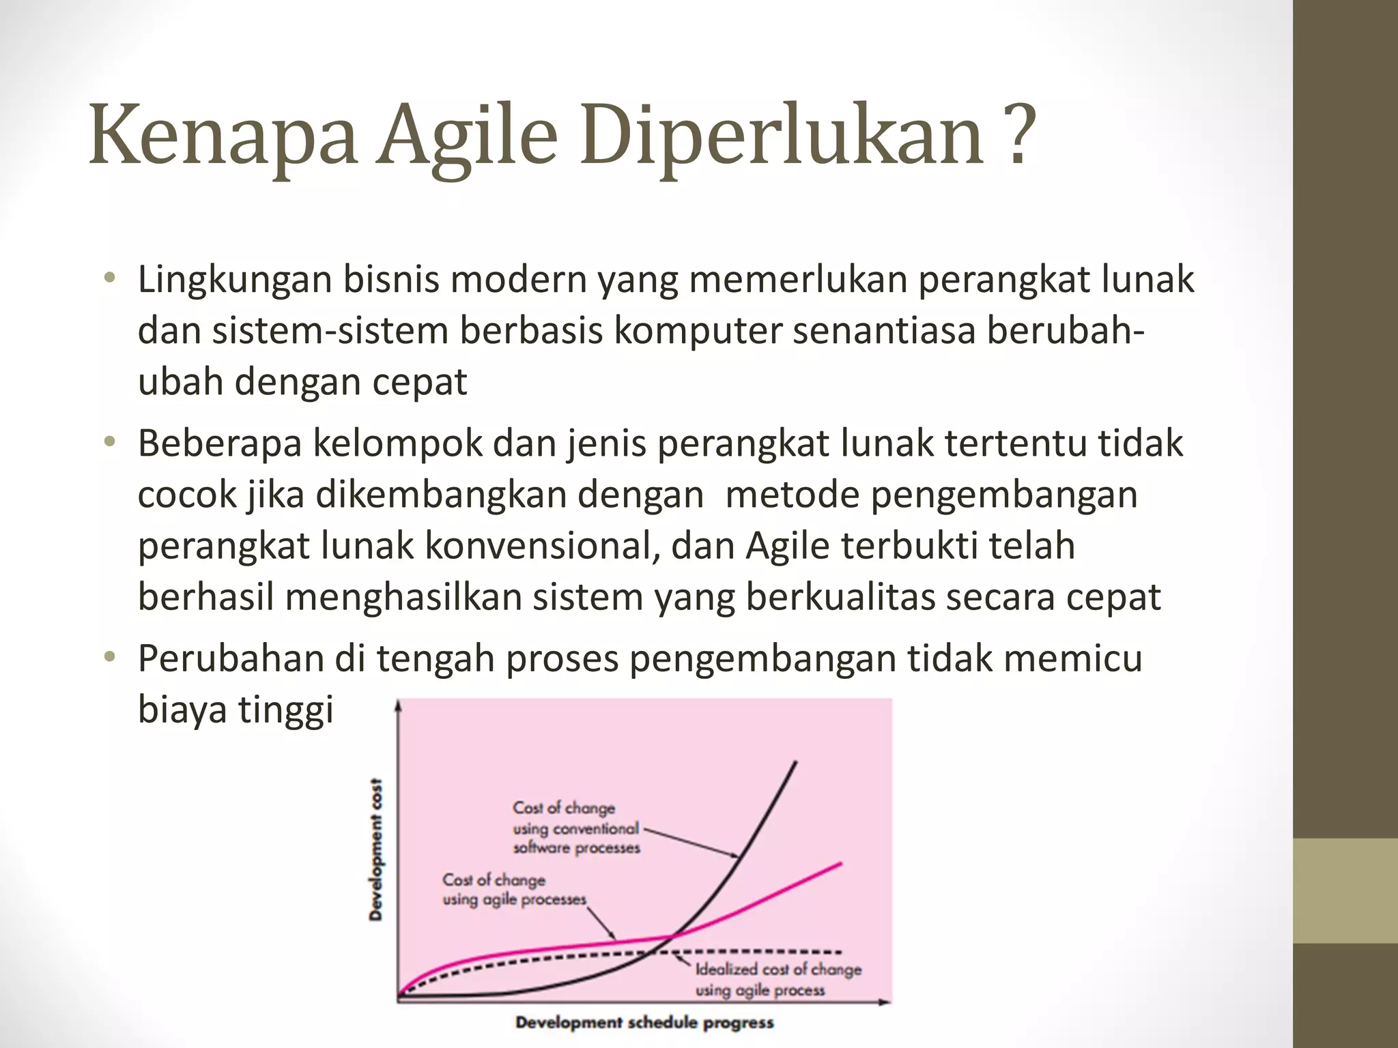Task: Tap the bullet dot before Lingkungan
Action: coord(109,279)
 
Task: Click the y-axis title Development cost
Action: coord(375,849)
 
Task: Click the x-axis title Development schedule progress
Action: coord(644,1023)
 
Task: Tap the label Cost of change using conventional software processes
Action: coord(576,828)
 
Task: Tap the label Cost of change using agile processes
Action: coord(513,890)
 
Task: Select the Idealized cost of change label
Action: coord(778,979)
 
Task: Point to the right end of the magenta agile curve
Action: coord(840,864)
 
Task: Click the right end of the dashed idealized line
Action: coord(840,952)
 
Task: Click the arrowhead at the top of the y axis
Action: coord(398,706)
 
